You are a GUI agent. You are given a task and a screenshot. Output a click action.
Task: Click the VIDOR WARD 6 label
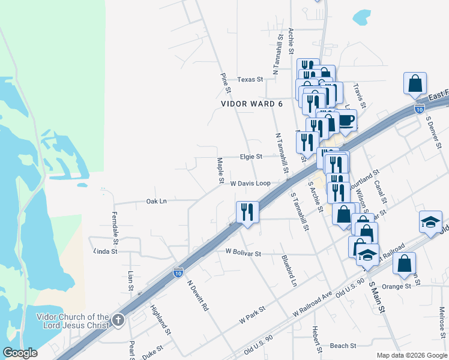click(252, 104)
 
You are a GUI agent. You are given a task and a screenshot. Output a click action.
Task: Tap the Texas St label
click(250, 79)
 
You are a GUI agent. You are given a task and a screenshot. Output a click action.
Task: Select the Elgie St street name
click(251, 157)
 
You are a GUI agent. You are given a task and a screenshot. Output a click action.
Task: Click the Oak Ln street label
click(156, 202)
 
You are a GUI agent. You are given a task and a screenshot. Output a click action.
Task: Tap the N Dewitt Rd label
click(197, 295)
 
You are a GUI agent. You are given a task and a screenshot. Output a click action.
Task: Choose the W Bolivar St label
click(243, 254)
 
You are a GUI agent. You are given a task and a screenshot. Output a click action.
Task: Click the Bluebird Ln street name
click(289, 269)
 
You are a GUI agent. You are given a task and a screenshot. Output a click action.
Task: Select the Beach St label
click(343, 346)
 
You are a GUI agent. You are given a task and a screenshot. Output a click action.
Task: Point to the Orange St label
click(396, 286)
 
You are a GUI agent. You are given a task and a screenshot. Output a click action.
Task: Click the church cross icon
click(118, 320)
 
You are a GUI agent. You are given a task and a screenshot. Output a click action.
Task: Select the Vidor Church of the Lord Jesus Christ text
click(73, 321)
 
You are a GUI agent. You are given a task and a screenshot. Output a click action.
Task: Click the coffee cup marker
click(346, 120)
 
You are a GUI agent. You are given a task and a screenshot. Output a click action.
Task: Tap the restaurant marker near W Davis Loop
click(247, 211)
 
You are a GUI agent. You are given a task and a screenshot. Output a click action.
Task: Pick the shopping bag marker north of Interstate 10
click(415, 83)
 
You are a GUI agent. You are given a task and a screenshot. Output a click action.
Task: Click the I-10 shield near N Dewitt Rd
click(178, 272)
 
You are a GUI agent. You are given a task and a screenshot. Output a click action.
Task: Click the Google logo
click(21, 353)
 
